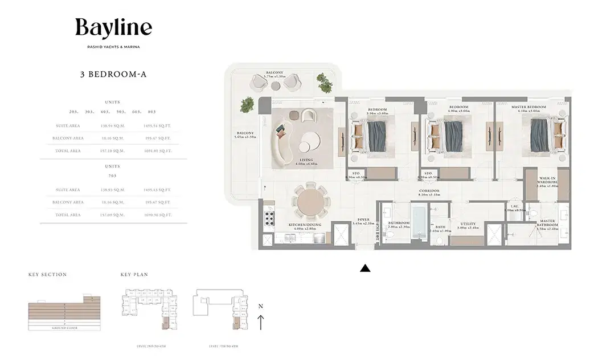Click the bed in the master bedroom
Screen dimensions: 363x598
pyautogui.click(x=540, y=137)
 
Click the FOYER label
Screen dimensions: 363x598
pyautogui.click(x=363, y=219)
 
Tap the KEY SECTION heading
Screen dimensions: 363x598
pyautogui.click(x=47, y=275)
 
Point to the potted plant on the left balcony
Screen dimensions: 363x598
pyautogui.click(x=247, y=104)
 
